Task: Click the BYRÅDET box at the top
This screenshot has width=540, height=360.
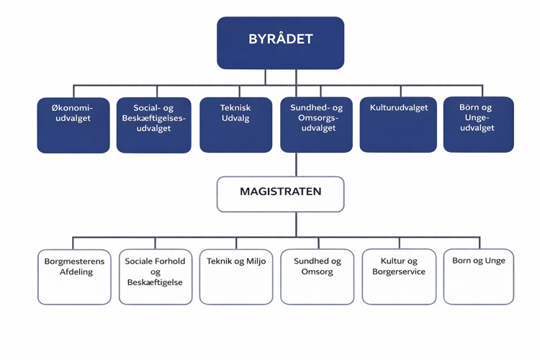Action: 281,42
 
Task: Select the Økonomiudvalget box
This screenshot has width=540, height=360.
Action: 73,125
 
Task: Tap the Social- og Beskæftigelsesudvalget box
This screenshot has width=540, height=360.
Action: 153,125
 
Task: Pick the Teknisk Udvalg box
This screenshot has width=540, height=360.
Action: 235,125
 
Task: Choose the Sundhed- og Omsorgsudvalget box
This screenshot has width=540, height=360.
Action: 317,125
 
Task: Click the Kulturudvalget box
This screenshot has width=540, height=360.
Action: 398,125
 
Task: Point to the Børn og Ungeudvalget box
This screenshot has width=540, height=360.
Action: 478,125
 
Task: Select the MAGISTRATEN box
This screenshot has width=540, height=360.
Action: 281,194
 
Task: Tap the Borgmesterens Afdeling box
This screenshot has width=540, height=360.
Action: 74,276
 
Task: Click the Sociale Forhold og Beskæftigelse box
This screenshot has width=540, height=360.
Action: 155,276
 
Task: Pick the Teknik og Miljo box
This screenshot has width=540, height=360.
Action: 236,276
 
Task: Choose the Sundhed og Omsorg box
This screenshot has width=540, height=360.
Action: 317,276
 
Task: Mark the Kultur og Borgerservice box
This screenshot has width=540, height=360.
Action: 399,276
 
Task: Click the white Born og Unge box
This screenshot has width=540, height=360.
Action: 479,276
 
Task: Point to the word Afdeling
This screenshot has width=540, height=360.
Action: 74,272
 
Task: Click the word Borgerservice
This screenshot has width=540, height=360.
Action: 399,272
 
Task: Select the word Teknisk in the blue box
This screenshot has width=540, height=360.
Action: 235,108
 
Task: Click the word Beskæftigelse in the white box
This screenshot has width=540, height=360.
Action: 155,283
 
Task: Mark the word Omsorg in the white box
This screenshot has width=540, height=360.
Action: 317,272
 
